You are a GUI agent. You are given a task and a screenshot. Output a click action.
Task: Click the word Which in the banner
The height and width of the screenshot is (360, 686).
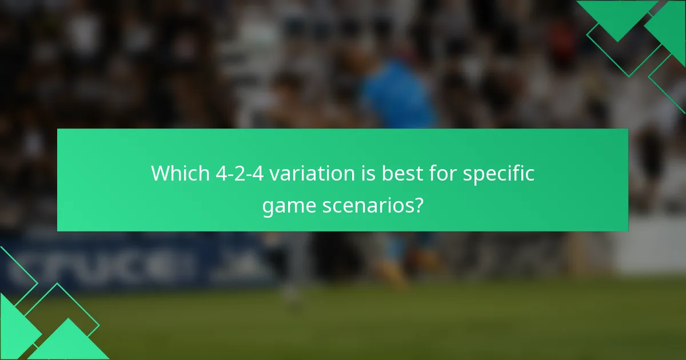pos(181,173)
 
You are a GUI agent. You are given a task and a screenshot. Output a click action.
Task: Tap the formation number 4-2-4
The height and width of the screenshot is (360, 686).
pos(240,173)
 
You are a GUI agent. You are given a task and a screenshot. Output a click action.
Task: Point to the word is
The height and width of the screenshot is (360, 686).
pos(364,173)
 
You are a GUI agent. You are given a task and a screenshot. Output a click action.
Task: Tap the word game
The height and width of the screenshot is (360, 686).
pos(287,205)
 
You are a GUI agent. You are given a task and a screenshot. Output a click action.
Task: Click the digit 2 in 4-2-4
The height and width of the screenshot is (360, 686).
pos(240,173)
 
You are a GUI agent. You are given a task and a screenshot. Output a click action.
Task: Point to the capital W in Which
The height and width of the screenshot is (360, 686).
pos(161,173)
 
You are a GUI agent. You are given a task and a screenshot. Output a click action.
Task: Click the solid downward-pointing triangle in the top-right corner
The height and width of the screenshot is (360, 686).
pos(617,17)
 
